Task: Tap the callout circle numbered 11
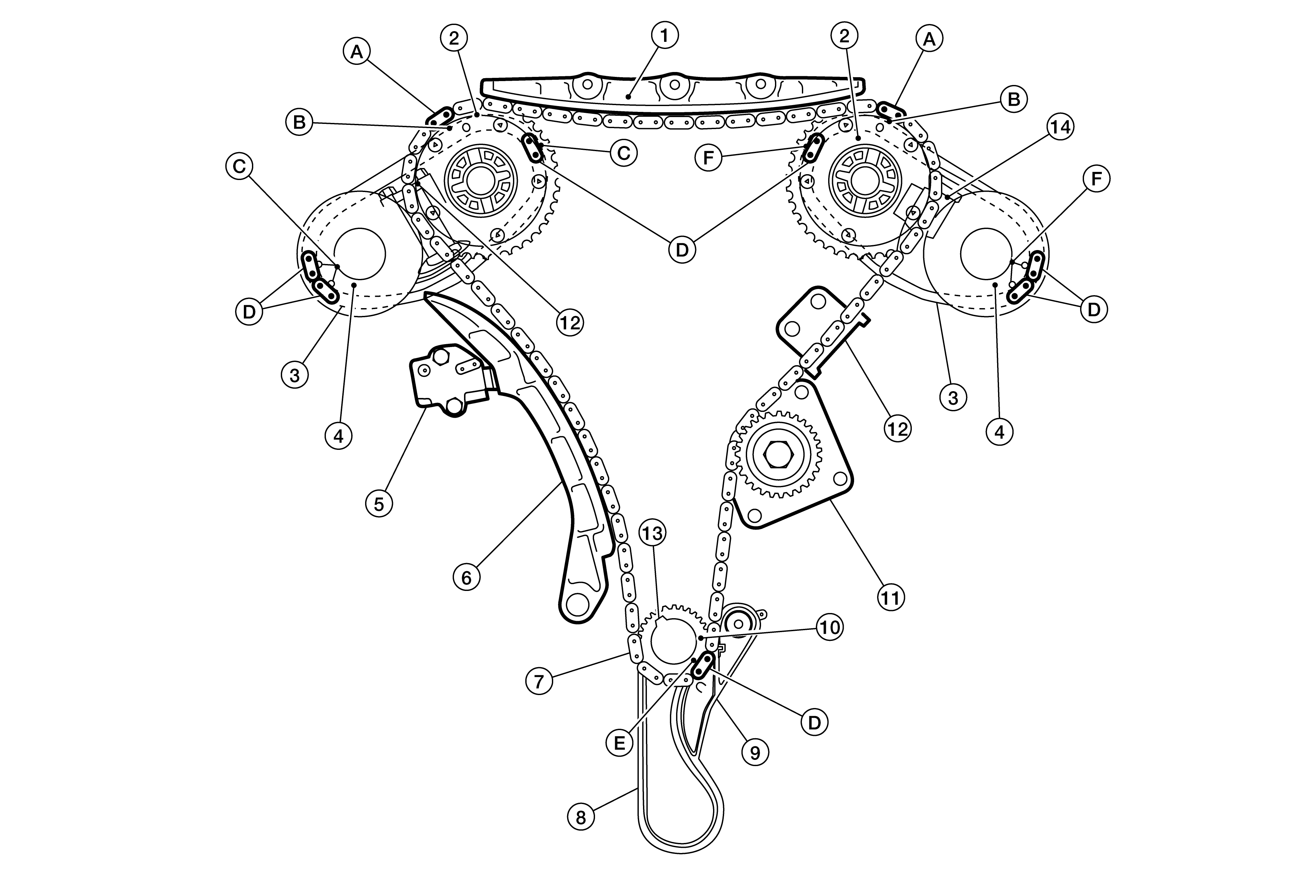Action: [x=891, y=597]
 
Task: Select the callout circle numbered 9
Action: [x=755, y=752]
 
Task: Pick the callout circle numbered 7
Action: [x=540, y=681]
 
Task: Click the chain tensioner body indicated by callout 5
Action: [x=451, y=380]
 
